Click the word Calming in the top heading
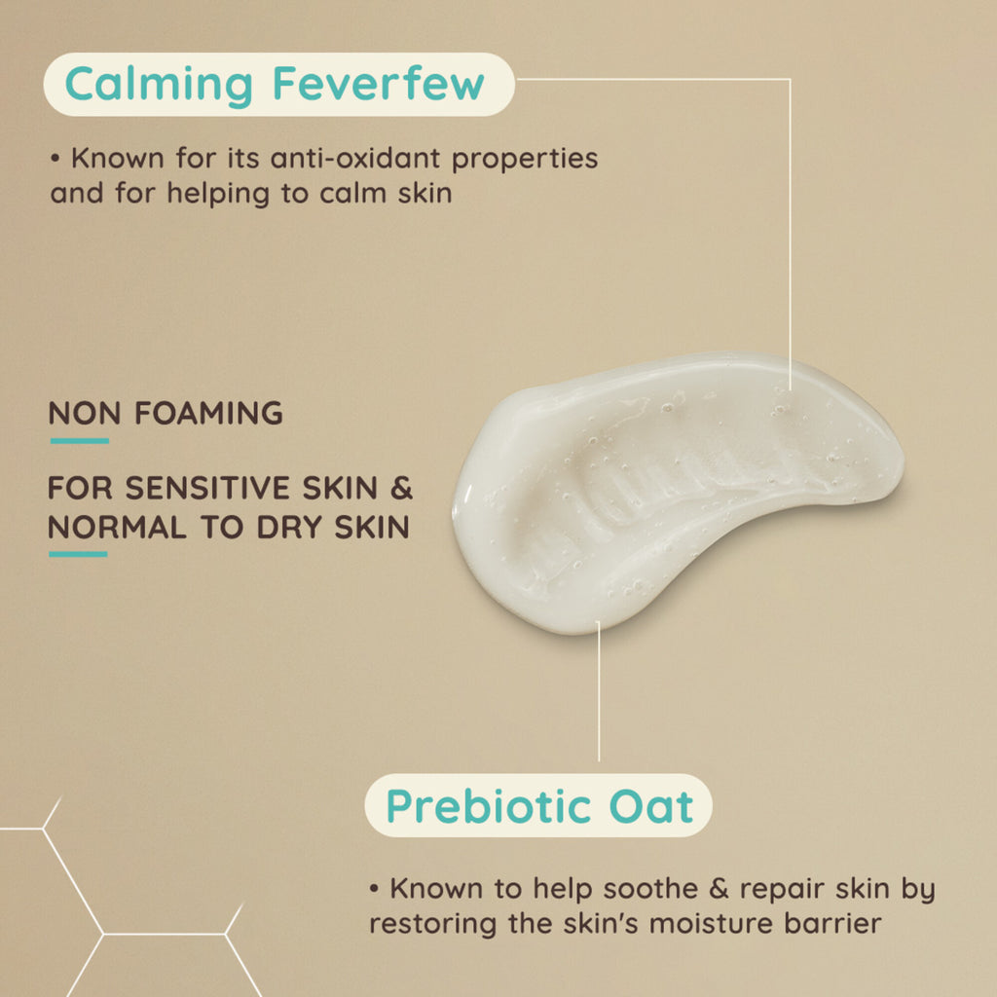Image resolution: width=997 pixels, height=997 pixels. [159, 86]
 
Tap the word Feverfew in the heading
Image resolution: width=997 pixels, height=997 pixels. [379, 84]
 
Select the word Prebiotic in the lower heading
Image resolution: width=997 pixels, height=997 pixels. [489, 807]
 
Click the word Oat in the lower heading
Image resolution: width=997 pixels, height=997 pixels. [651, 807]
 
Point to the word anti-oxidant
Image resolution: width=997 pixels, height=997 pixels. [355, 159]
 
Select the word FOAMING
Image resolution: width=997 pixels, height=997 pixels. [208, 413]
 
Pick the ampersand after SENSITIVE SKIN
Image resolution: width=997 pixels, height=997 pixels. [401, 489]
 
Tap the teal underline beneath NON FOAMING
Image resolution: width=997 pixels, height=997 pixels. [80, 441]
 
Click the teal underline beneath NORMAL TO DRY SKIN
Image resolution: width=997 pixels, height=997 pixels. [78, 554]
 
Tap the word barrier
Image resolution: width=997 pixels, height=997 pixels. [833, 924]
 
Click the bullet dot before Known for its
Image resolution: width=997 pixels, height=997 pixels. [55, 158]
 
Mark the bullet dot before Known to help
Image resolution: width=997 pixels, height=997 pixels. [375, 888]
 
